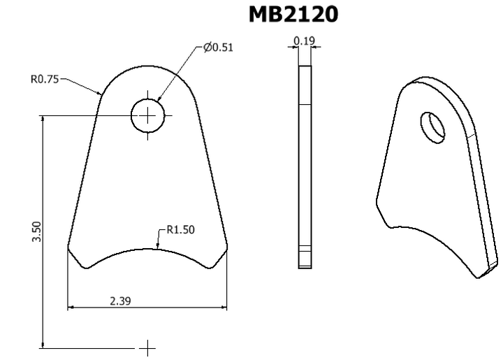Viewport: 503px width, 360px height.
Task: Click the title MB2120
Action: [x=293, y=14]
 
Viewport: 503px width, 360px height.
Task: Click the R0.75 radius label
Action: [x=45, y=79]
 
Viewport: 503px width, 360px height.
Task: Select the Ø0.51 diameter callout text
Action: [x=218, y=48]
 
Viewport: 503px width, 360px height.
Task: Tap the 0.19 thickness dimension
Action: [x=304, y=41]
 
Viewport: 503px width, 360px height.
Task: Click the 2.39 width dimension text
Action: [x=120, y=301]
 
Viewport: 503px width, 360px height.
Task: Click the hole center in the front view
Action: [x=147, y=115]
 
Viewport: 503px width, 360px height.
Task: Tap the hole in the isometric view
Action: [x=432, y=127]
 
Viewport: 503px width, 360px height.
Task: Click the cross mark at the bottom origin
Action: [x=147, y=347]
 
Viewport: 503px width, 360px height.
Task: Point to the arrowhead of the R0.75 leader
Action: [x=102, y=94]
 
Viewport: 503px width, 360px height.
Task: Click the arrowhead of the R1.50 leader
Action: [x=157, y=248]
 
